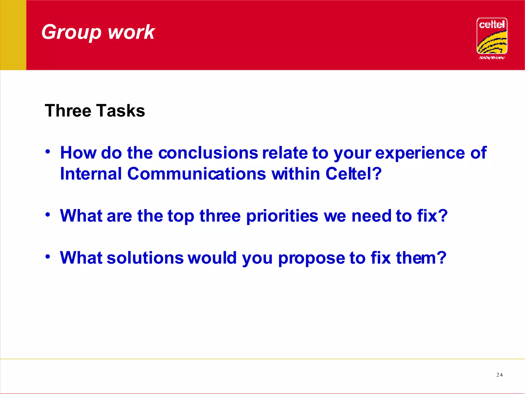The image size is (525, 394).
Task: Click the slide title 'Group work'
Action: point(98,32)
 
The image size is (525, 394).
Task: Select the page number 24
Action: point(499,375)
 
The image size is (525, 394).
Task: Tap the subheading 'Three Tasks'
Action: point(95,111)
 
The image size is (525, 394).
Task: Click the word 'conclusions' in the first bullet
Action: point(208,153)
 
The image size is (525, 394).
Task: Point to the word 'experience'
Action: point(420,153)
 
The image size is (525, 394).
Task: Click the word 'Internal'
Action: point(91,174)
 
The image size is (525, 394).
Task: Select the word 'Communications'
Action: point(197,174)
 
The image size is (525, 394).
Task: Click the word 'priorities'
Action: point(282,216)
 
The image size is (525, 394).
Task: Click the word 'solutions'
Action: point(145,258)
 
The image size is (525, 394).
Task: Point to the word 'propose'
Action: point(311,258)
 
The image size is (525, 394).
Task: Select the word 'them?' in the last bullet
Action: point(421,258)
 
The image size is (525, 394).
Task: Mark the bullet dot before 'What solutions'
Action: point(47,256)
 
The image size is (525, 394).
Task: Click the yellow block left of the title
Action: point(13,35)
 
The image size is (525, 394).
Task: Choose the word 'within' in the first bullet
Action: point(296,174)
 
